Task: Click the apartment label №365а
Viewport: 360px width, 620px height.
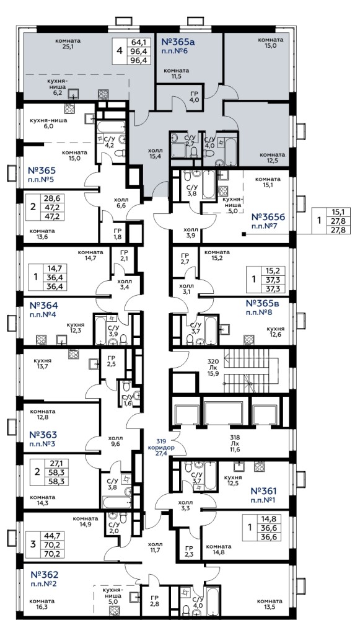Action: coord(179,42)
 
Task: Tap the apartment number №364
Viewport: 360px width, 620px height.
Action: coord(43,306)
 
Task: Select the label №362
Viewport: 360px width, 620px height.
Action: coord(44,575)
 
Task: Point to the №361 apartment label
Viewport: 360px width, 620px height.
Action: coord(264,491)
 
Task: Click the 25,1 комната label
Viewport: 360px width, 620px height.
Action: coord(68,43)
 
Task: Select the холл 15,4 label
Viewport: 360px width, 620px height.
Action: coord(155,153)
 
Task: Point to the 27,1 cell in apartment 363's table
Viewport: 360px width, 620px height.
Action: coord(57,463)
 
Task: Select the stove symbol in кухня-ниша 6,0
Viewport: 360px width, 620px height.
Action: coord(69,108)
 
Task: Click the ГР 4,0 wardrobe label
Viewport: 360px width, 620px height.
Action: coord(194,97)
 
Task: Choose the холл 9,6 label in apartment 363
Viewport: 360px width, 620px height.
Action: coord(116,441)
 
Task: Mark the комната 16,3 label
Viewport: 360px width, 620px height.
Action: coord(42,604)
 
